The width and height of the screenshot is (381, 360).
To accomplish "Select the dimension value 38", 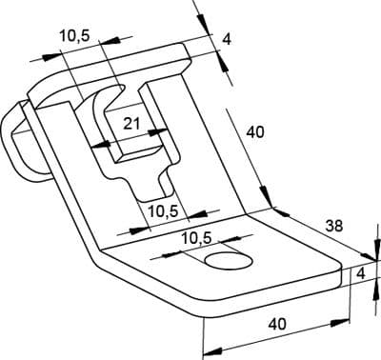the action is [334, 226].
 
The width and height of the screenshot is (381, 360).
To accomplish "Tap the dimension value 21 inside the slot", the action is [131, 123].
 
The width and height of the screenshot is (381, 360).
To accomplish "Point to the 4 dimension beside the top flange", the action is [226, 39].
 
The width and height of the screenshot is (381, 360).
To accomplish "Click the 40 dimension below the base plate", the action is [277, 324].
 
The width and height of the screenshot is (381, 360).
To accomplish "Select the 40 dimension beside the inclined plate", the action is [255, 132].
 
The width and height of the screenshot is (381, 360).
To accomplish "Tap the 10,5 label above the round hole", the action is [196, 238].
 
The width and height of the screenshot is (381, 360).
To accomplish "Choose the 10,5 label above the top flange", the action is [75, 36].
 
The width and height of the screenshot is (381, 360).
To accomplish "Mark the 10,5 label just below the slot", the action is [164, 211].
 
